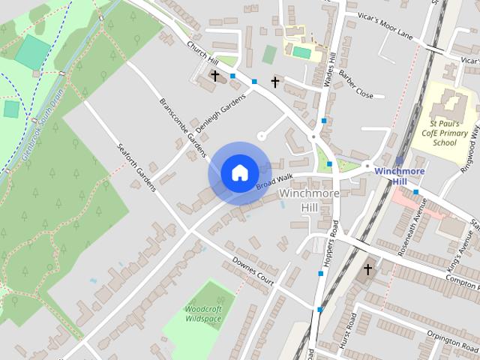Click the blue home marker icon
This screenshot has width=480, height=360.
pos(239,172)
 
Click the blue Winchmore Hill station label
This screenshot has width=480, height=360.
pos(400,176)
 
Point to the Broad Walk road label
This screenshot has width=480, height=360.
pos(273,182)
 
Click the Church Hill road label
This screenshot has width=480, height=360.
pos(202,53)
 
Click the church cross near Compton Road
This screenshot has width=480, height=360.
pos(367,268)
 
